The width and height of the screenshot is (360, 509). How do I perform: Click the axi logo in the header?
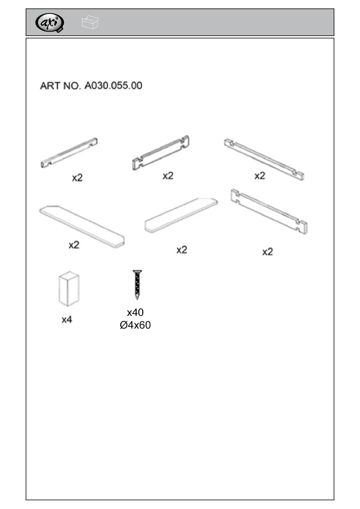[x=50, y=23]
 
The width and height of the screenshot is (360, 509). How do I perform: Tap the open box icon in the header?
[x=90, y=22]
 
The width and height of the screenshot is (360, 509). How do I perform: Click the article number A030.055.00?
[x=113, y=86]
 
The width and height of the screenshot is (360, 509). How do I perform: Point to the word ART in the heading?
[x=50, y=86]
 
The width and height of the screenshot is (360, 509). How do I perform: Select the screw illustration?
[x=137, y=285]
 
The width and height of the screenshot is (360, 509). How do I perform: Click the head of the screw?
[x=137, y=271]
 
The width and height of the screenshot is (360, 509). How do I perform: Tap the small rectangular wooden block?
[x=69, y=289]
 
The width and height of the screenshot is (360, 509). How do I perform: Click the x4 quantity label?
[x=67, y=319]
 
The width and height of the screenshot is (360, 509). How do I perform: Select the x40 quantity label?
[x=135, y=312]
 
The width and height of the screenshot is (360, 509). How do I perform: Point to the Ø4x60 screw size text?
[x=135, y=325]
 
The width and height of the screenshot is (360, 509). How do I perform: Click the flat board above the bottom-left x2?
[x=82, y=226]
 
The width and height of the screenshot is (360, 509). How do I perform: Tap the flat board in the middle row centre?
[x=181, y=215]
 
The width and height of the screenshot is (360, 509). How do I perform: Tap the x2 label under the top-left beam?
[x=77, y=177]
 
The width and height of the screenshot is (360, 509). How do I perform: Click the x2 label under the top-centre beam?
[x=168, y=176]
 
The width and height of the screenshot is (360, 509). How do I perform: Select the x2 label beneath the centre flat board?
[x=182, y=250]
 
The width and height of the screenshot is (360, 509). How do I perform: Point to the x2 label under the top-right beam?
[x=260, y=176]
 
